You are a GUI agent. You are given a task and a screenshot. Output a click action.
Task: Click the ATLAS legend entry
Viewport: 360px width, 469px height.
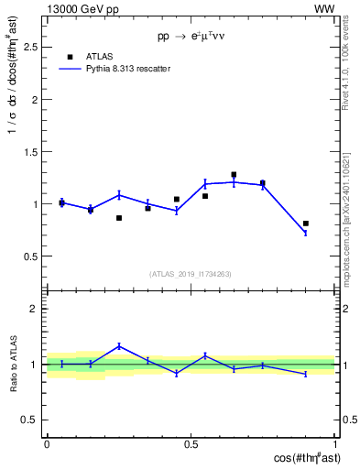tap(98, 56)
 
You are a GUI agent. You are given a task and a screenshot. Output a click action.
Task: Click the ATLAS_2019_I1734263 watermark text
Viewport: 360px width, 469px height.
tap(191, 273)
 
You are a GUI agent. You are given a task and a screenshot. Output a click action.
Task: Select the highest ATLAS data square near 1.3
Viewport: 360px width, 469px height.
tap(234, 175)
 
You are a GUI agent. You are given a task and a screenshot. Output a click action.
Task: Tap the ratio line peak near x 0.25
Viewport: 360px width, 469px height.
tap(119, 345)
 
